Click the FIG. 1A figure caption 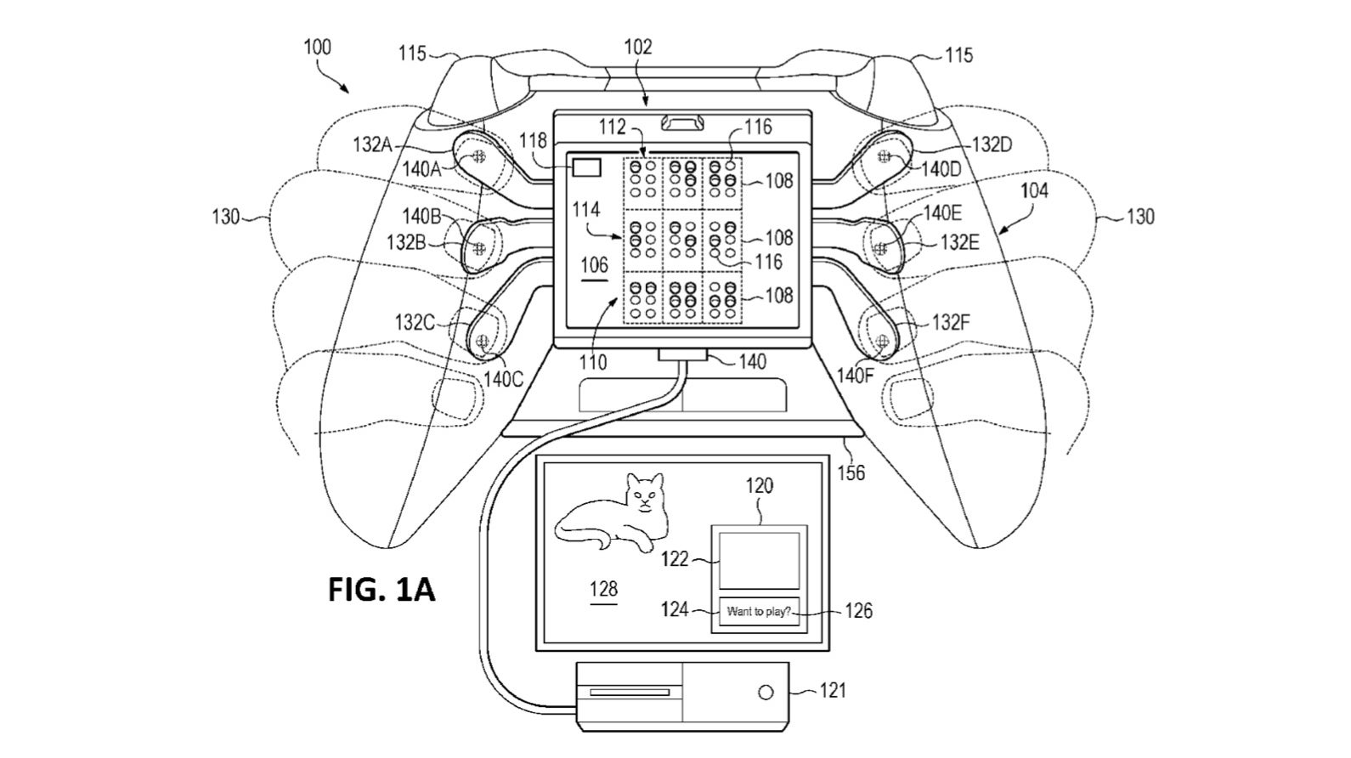pos(382,588)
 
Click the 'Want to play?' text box pos(759,611)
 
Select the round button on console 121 pos(766,692)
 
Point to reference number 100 pos(317,47)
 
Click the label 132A pos(371,145)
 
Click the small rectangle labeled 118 pos(586,167)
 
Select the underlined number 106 pos(594,265)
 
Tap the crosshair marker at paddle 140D pos(884,156)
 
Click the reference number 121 pos(832,691)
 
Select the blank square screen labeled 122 pos(759,560)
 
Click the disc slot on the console pos(630,693)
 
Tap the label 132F pos(950,322)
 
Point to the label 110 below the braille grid pos(592,363)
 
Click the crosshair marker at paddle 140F pos(882,342)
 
